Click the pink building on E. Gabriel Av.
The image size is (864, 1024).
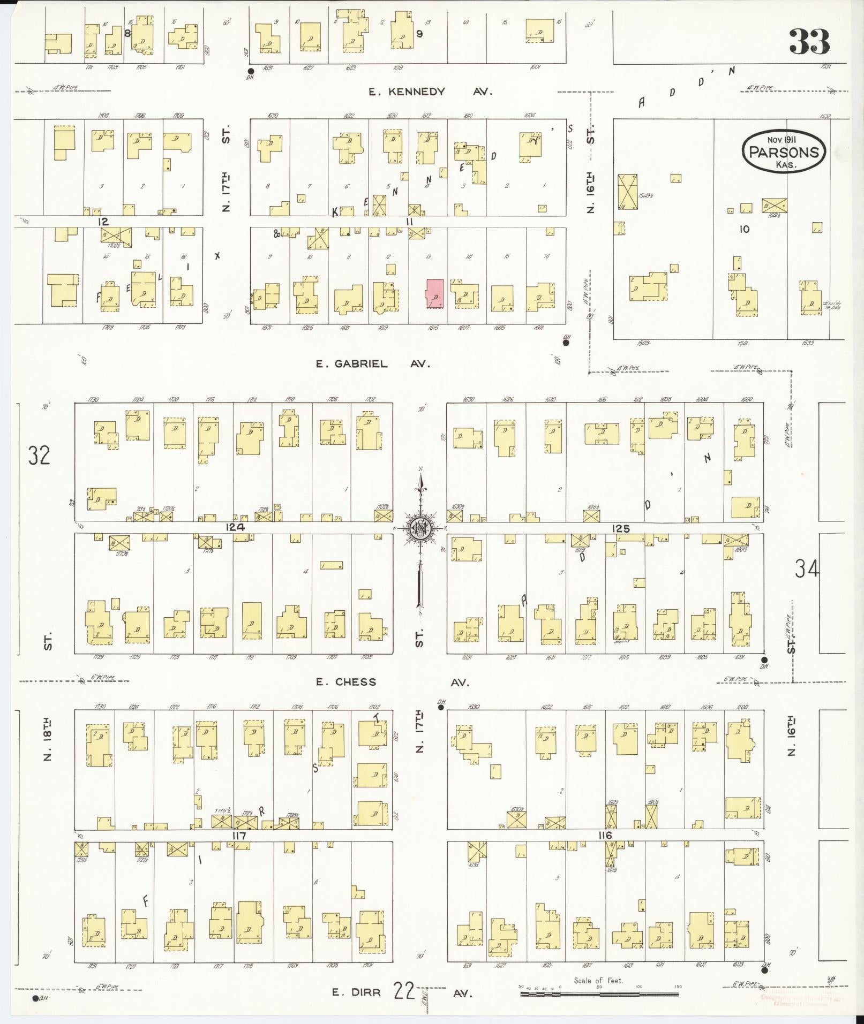(x=434, y=293)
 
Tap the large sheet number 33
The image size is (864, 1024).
(x=809, y=42)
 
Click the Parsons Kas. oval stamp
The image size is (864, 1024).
(x=784, y=151)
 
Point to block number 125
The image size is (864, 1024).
(x=620, y=529)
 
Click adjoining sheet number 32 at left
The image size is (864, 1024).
(x=39, y=455)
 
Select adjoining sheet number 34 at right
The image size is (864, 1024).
(x=807, y=568)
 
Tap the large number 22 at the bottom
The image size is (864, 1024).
(x=404, y=991)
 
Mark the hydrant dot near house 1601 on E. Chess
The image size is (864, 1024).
(x=764, y=660)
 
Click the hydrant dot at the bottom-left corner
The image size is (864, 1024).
(x=35, y=998)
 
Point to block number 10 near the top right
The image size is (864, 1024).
(x=744, y=229)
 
